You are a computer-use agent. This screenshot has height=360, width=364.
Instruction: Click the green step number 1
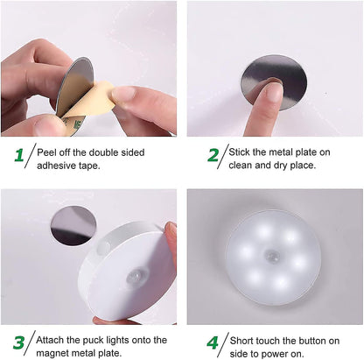click(x=18, y=156)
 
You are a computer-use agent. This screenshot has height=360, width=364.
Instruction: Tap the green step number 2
click(x=213, y=156)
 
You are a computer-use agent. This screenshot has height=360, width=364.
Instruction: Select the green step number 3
click(x=18, y=342)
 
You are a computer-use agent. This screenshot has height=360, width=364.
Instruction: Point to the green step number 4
click(x=213, y=342)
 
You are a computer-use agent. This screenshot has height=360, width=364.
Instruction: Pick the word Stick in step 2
click(x=245, y=152)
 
